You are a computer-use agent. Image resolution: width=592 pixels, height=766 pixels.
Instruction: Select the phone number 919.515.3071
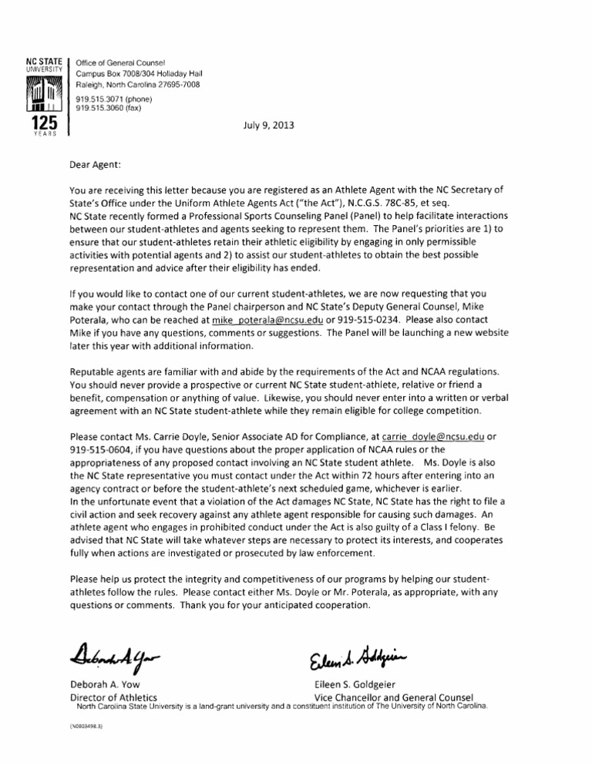point(103,99)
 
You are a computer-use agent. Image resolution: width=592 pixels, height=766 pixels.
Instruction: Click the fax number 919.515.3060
point(101,109)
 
